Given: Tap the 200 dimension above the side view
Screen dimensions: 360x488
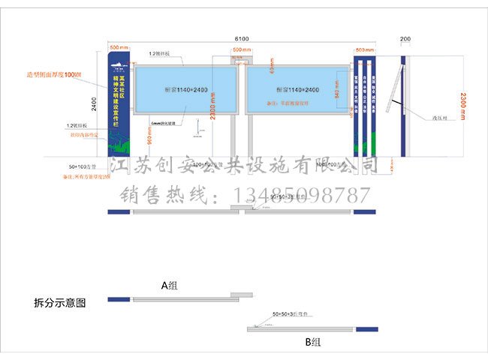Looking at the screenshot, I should pos(405,37).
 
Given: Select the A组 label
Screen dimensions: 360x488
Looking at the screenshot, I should pos(169,285).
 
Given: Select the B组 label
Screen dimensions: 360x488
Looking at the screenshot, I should pos(312,341).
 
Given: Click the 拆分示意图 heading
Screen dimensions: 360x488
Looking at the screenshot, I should pos(61,303).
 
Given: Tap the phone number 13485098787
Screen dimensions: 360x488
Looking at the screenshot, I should pos(303,196).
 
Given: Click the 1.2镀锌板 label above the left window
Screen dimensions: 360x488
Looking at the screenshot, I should pos(160,54).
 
